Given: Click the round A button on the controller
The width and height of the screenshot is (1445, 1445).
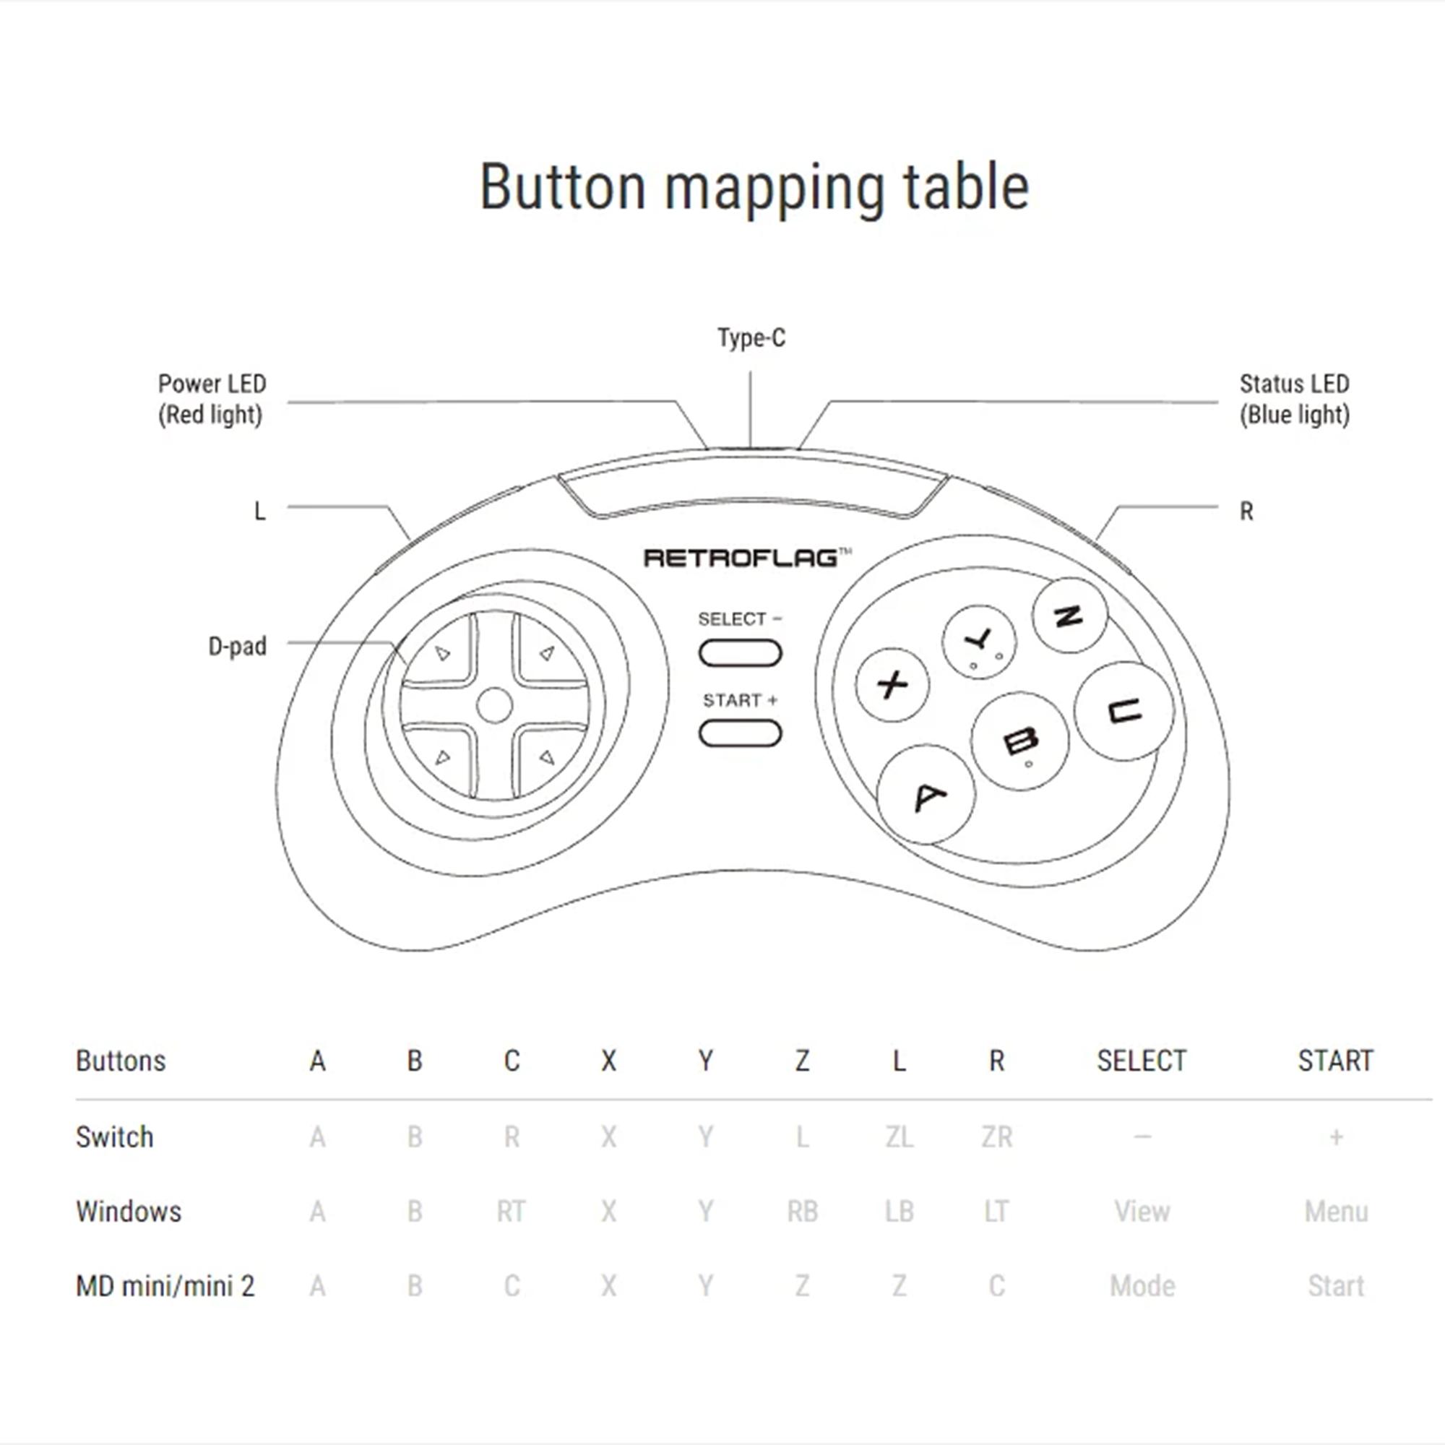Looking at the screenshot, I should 926,794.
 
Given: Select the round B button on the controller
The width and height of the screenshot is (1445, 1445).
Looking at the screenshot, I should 1020,741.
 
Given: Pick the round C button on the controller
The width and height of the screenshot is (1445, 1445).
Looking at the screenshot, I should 1123,710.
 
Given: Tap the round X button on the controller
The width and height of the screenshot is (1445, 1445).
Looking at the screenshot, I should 892,684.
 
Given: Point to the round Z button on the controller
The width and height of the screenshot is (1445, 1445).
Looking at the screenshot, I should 1069,616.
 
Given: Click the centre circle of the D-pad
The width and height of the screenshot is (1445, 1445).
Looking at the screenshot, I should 494,705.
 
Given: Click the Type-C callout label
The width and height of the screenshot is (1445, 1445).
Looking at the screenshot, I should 751,338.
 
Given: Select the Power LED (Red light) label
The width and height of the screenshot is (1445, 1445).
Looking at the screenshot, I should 212,400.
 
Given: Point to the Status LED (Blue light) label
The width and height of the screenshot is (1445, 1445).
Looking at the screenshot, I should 1294,400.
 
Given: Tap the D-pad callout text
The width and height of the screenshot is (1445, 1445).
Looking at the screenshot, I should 237,646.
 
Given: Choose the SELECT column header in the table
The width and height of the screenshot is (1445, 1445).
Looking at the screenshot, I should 1142,1061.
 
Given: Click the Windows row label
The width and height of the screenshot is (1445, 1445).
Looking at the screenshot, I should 129,1212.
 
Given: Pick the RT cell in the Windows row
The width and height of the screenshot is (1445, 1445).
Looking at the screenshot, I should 511,1212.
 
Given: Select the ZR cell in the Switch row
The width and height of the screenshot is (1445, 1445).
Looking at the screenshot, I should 996,1136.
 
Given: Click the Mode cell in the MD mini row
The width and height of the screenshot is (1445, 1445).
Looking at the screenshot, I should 1142,1287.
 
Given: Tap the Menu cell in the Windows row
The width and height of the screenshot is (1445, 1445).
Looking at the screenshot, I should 1336,1212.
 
